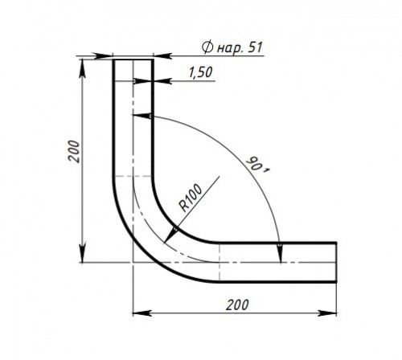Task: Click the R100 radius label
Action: [191, 198]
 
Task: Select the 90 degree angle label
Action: [256, 165]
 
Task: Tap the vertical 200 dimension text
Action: [74, 151]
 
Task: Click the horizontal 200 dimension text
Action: [237, 305]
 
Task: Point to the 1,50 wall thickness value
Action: [200, 72]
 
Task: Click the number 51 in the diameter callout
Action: [255, 47]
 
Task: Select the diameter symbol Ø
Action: [207, 47]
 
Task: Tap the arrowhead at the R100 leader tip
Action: [170, 235]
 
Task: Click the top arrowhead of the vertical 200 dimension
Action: [83, 68]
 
